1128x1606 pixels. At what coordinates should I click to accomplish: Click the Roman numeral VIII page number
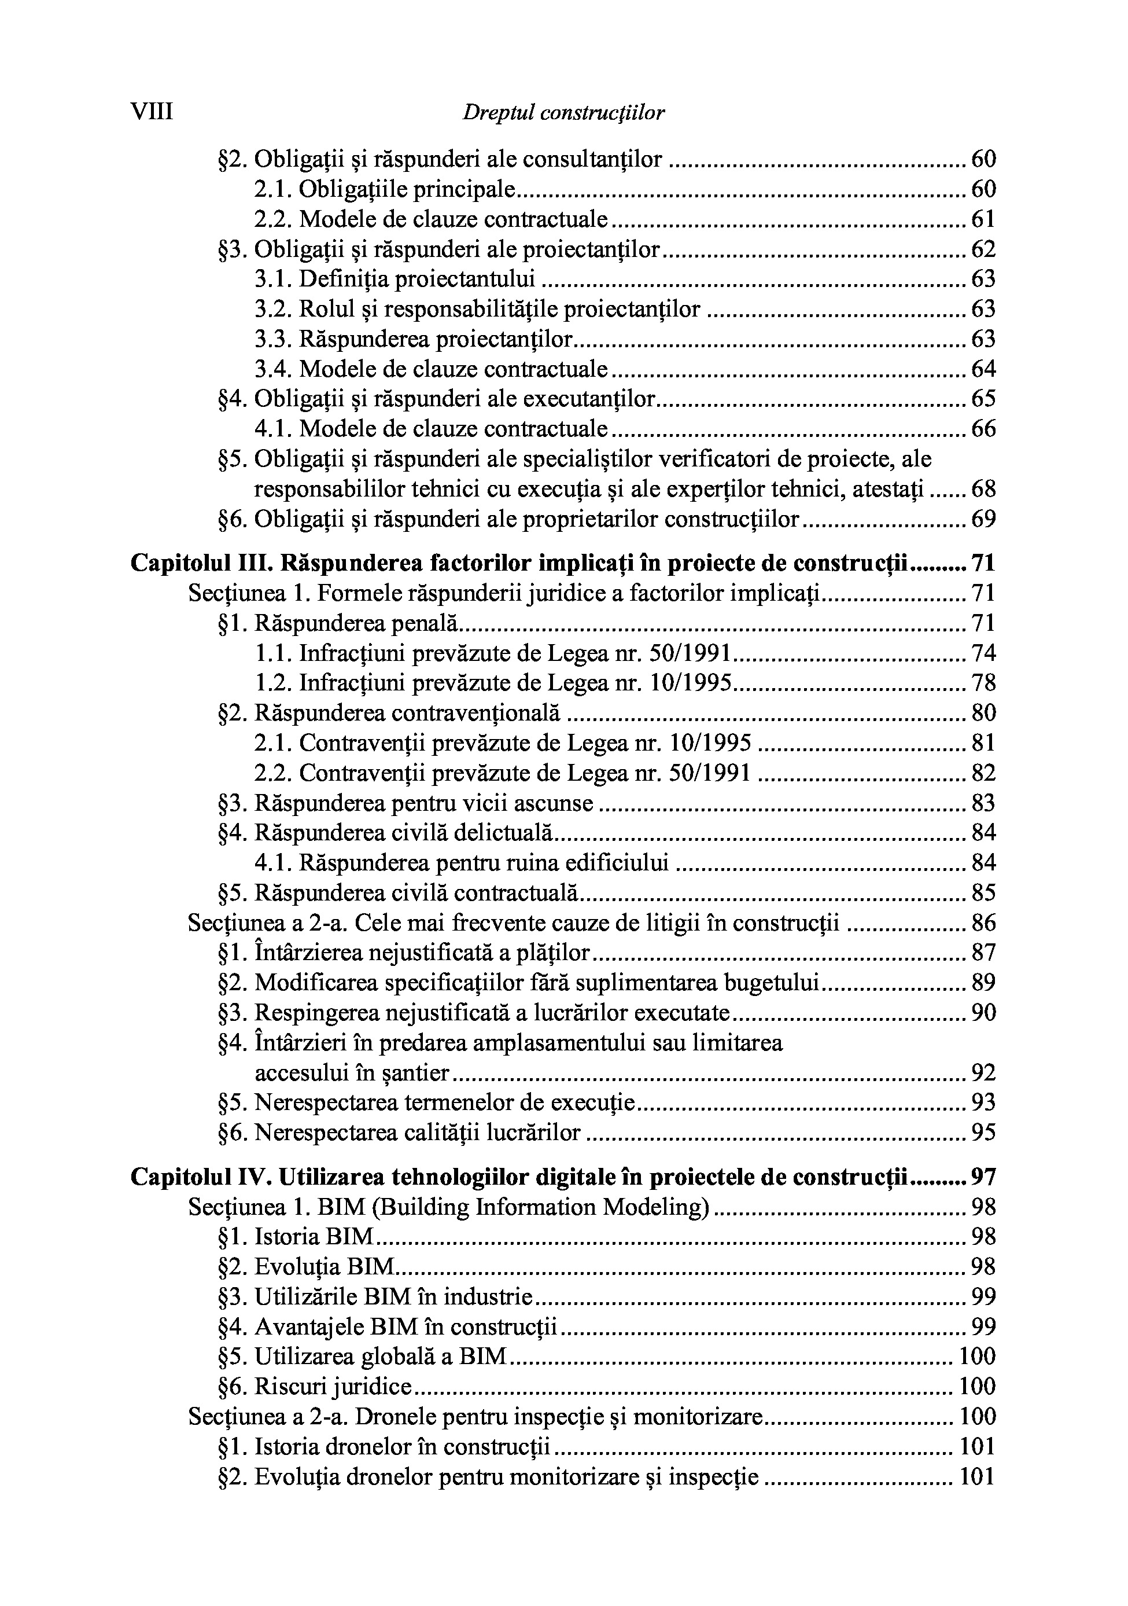pos(152,112)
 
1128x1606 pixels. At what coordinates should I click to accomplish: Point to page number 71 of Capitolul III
pos(983,563)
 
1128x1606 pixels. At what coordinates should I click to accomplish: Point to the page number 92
pos(983,1073)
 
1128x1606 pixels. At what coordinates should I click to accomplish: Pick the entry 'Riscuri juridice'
pos(315,1387)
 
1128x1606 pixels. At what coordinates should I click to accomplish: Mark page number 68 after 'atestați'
pos(983,490)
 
